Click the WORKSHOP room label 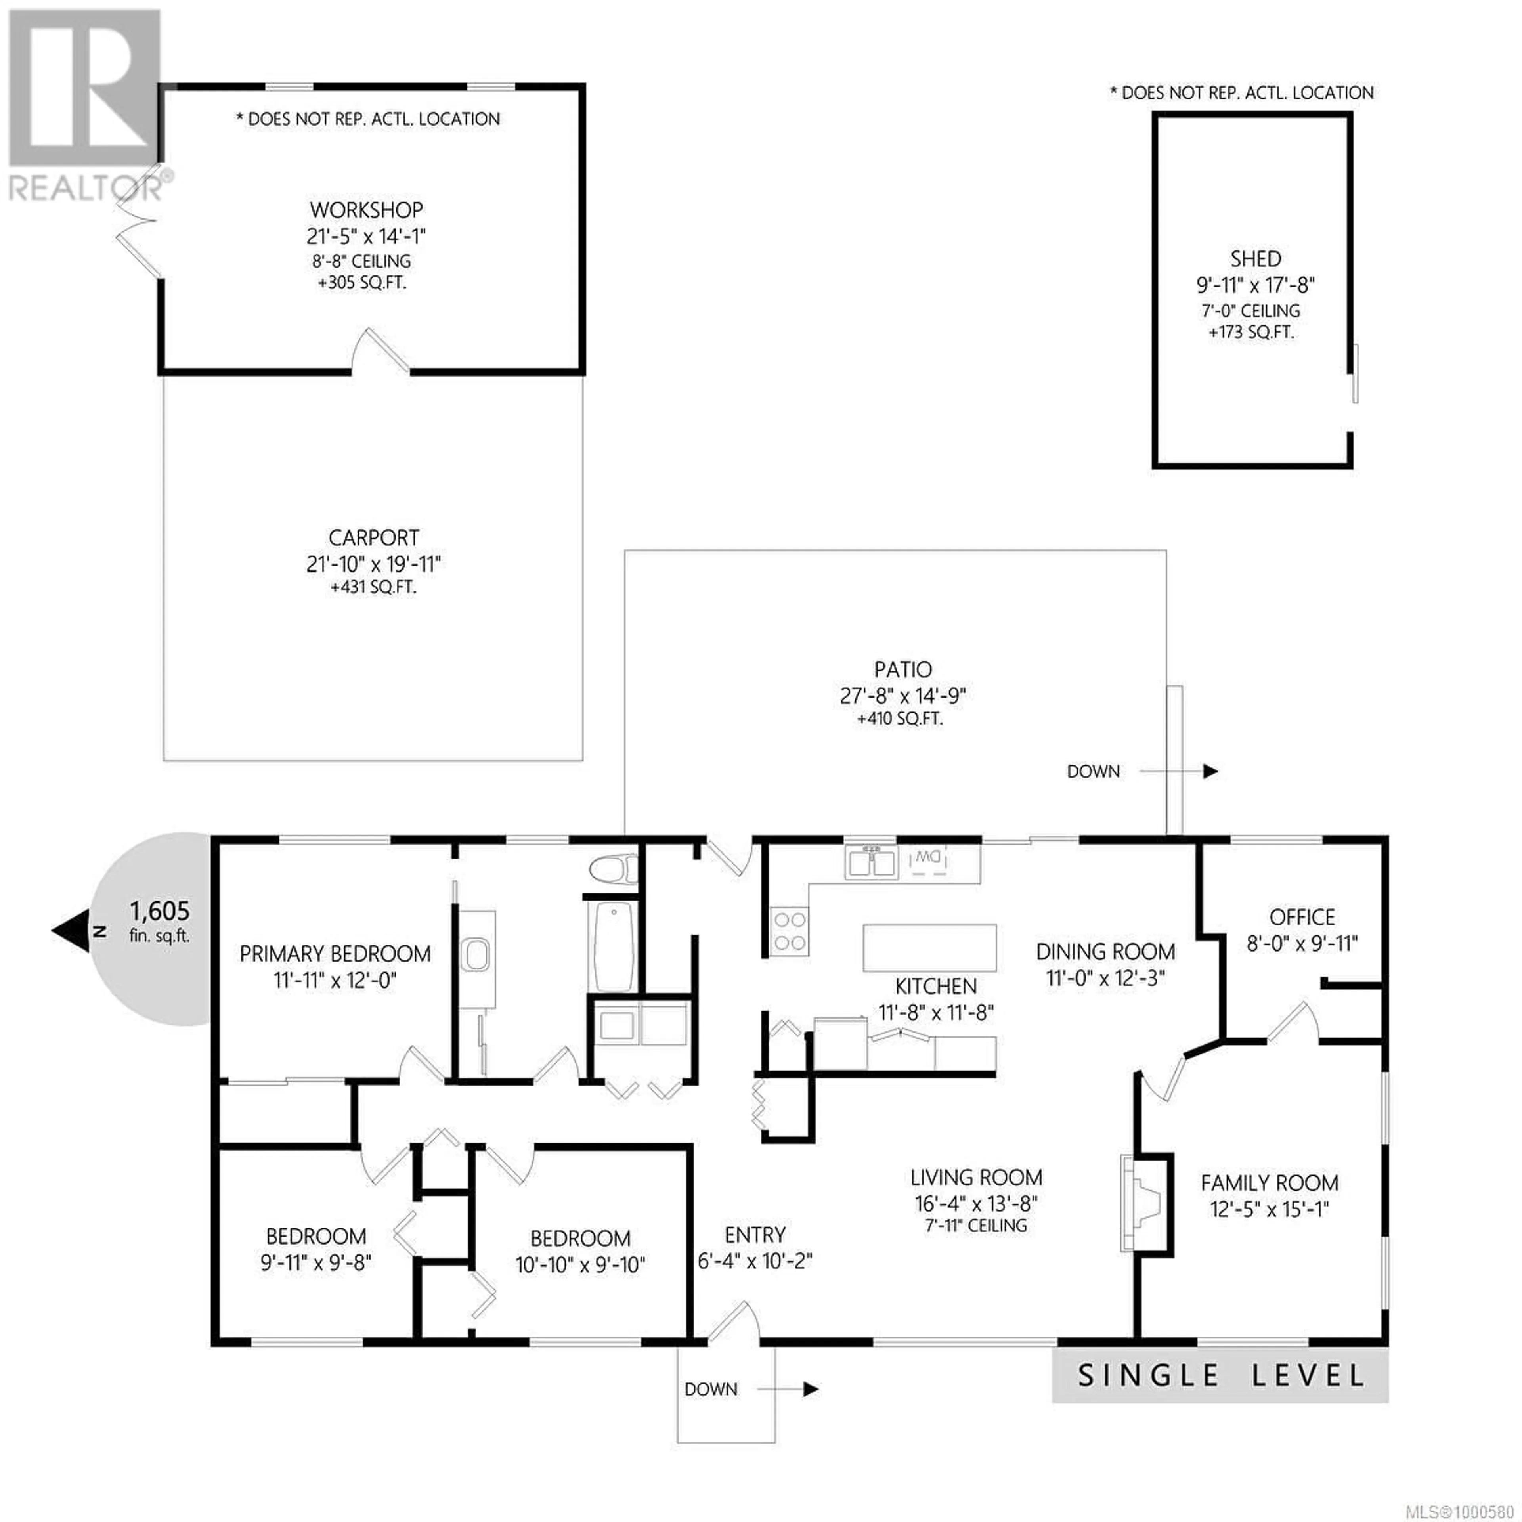tap(366, 210)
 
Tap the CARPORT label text tap(373, 538)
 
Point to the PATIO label tap(903, 669)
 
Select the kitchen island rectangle tap(929, 948)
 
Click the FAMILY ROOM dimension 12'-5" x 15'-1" tap(1269, 1208)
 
